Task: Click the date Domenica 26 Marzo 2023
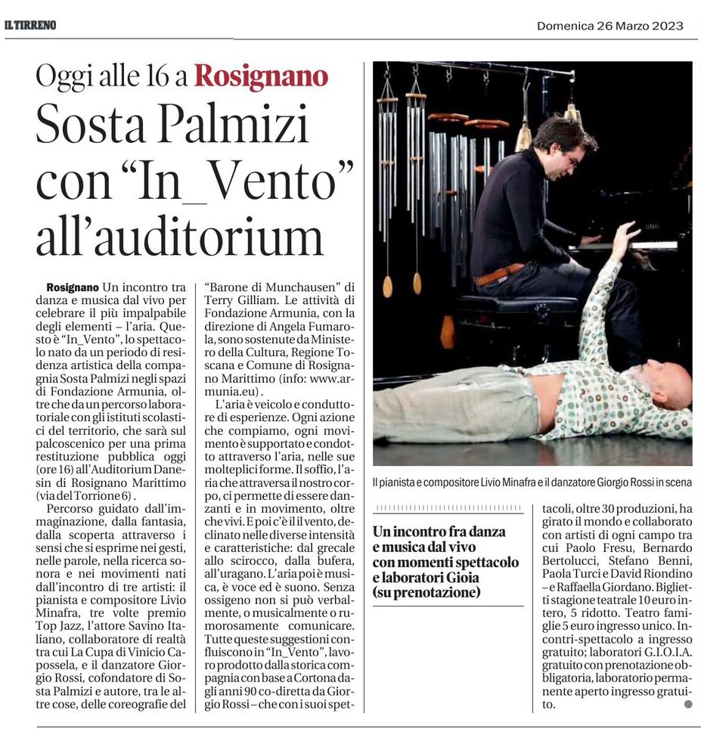point(609,26)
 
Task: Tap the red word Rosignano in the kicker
point(261,76)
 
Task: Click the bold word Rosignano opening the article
point(73,287)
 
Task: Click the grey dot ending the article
point(687,703)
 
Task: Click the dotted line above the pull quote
point(448,508)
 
